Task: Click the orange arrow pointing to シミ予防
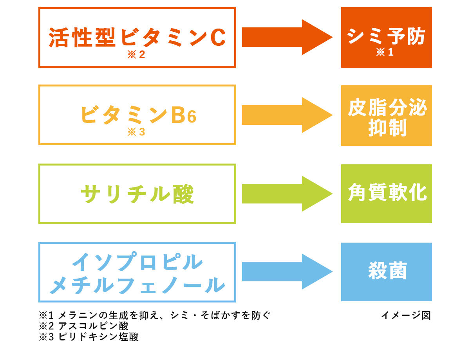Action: point(287,37)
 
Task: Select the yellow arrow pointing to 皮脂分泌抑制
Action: point(287,115)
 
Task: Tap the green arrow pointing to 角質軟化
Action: point(287,194)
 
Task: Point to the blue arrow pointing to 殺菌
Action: point(287,272)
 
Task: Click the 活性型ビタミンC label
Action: point(137,38)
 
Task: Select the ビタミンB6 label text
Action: point(138,115)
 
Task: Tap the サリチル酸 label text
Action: point(137,194)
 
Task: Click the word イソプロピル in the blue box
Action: point(137,262)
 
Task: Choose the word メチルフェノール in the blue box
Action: point(137,285)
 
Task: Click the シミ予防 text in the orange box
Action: point(386,36)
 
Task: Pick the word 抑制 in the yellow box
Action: point(387,128)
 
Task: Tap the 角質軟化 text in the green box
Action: point(387,192)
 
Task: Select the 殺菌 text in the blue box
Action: point(387,270)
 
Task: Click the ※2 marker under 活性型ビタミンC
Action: point(136,54)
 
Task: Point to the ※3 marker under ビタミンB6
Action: point(136,132)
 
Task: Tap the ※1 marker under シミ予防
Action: point(385,52)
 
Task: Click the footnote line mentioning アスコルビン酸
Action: point(84,326)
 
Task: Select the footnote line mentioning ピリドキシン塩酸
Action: point(89,337)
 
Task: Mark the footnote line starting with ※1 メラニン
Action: point(155,315)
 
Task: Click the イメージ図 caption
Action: point(406,315)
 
